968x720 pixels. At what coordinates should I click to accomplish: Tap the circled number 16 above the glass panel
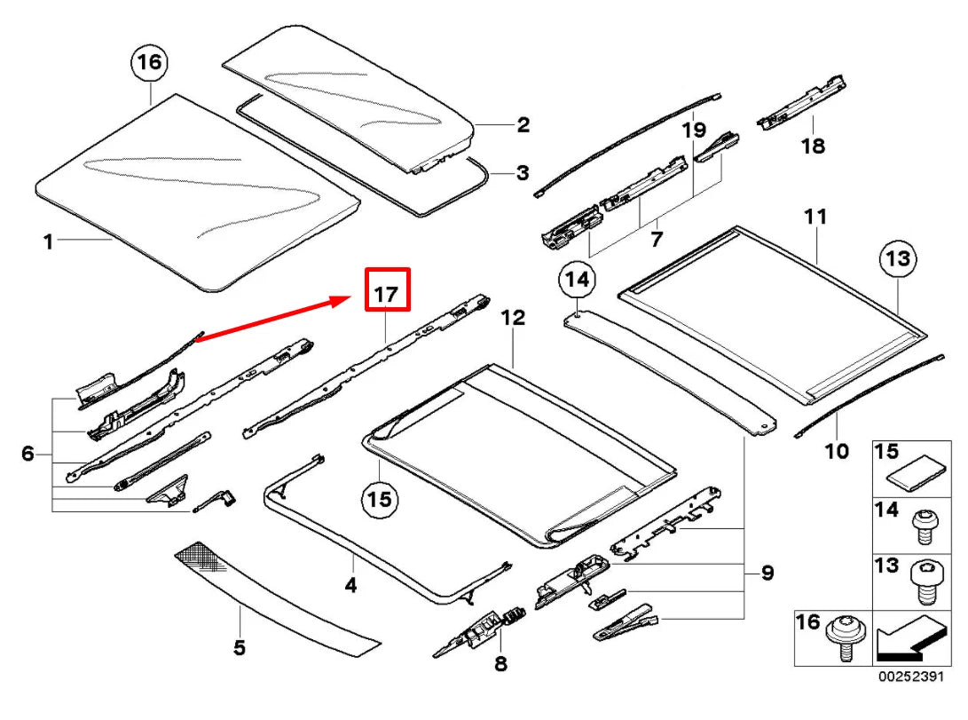[150, 62]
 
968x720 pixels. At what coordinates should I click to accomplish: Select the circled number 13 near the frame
[897, 259]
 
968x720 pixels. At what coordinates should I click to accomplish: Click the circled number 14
[577, 281]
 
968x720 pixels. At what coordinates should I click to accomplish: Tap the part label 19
[694, 131]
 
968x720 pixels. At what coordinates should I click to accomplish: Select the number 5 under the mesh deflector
[239, 647]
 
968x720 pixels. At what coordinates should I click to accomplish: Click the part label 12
[513, 317]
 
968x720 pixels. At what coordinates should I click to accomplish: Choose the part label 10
[836, 451]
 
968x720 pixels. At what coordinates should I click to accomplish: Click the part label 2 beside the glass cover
[523, 125]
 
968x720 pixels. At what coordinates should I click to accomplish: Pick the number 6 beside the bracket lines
[28, 455]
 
